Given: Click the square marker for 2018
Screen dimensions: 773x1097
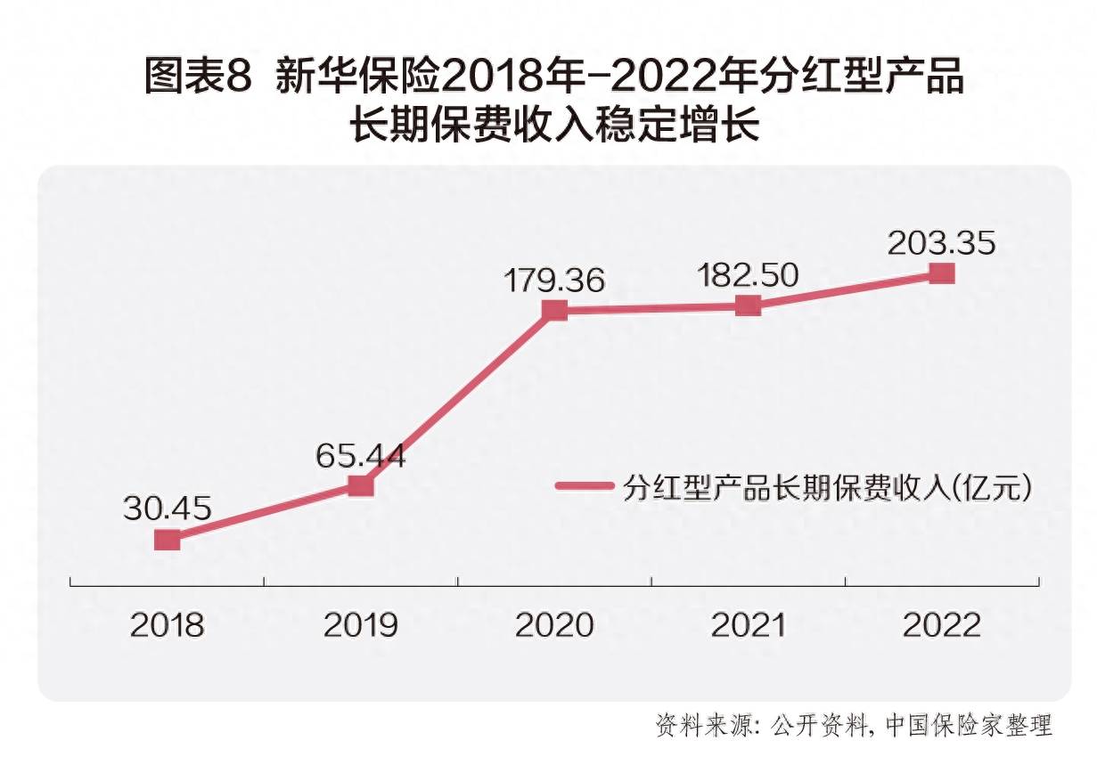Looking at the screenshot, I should point(168,540).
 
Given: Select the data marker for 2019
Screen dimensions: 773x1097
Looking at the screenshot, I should point(360,485).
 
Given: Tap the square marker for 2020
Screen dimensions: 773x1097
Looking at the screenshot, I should point(554,310).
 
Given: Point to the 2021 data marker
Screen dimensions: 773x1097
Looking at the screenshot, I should point(749,305).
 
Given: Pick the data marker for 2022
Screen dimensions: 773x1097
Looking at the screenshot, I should point(942,273).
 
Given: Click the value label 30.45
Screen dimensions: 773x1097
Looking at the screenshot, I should point(168,509).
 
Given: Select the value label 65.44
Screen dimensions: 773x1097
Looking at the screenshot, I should point(360,456).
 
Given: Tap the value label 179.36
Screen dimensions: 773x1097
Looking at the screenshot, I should point(554,280).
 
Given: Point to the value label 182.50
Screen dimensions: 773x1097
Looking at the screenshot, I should point(749,275).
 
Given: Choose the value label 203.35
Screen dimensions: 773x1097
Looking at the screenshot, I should point(942,243).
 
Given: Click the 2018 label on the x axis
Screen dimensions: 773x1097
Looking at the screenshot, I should point(168,625).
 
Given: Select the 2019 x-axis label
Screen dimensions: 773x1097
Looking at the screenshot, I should point(360,625).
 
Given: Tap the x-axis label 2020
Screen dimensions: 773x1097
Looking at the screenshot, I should point(554,625).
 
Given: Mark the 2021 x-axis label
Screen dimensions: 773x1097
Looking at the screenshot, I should point(749,625).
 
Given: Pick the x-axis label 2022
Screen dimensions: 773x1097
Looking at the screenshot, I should point(942,625).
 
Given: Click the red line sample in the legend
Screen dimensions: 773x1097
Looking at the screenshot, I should point(585,486).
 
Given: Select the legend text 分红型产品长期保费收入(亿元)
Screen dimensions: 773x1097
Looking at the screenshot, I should point(828,487).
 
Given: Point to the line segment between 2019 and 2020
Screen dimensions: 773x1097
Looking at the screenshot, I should point(457,398).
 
